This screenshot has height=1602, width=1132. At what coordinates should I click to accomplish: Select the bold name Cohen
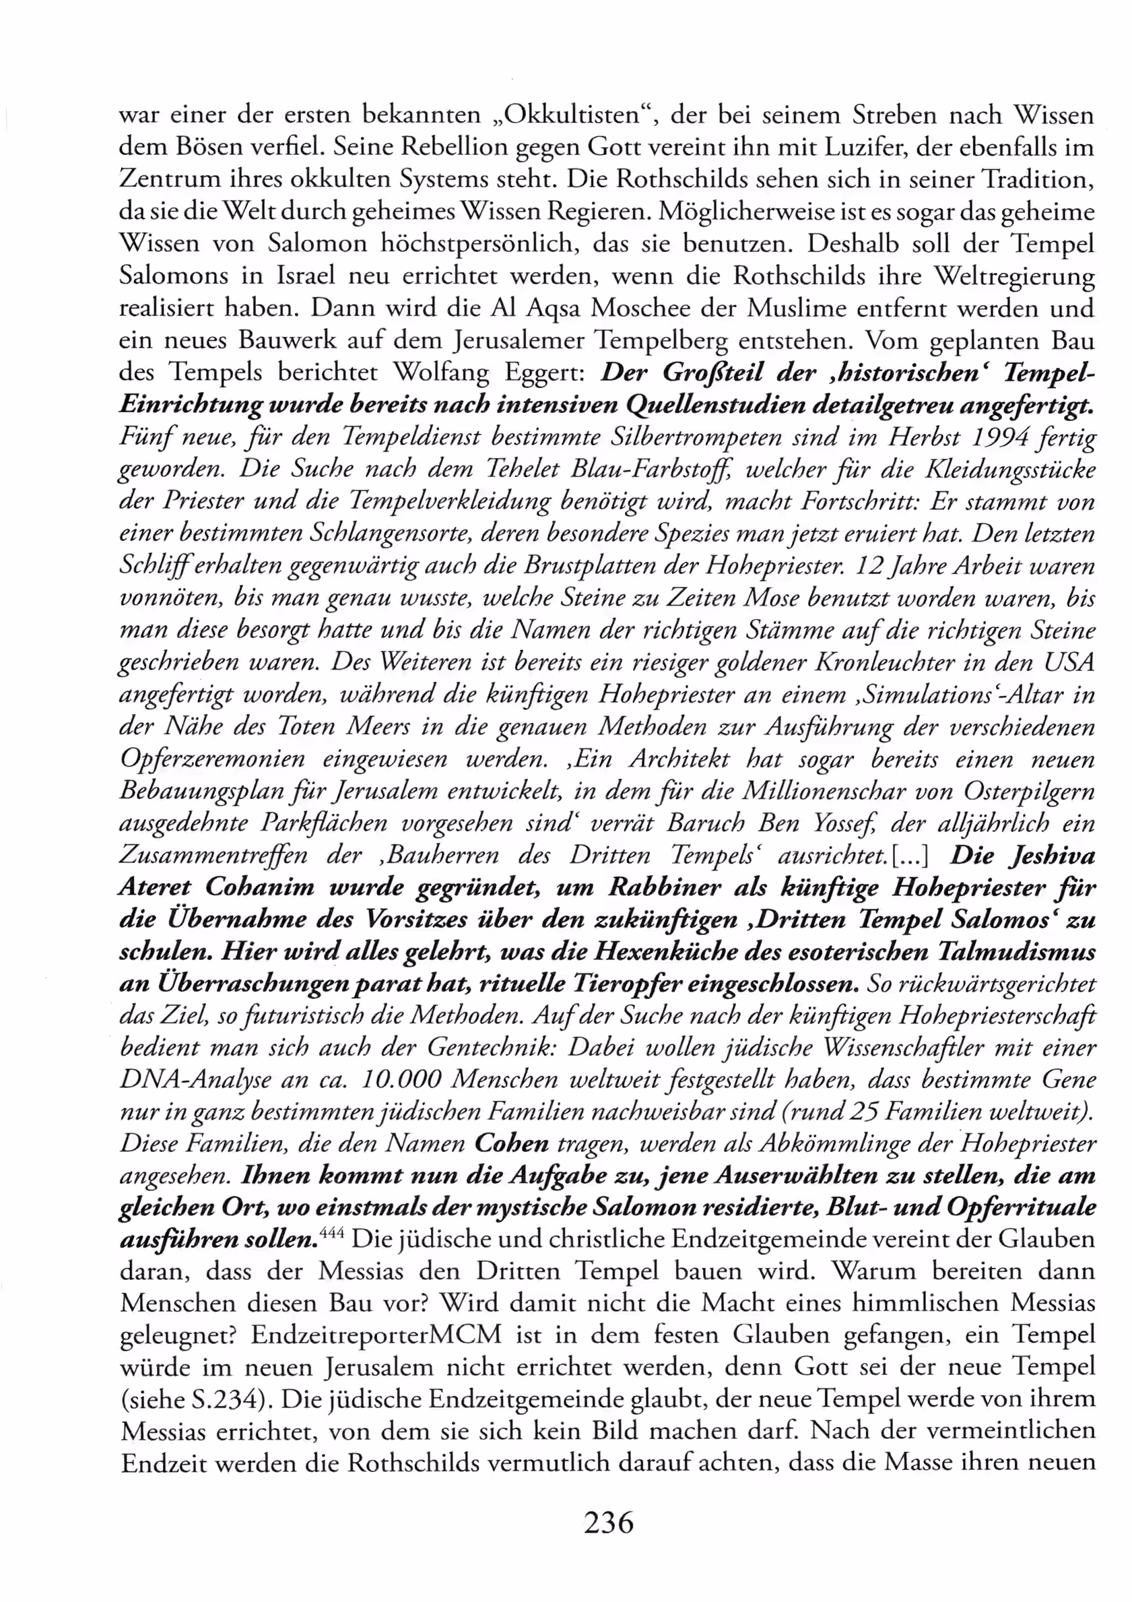tap(511, 1145)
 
